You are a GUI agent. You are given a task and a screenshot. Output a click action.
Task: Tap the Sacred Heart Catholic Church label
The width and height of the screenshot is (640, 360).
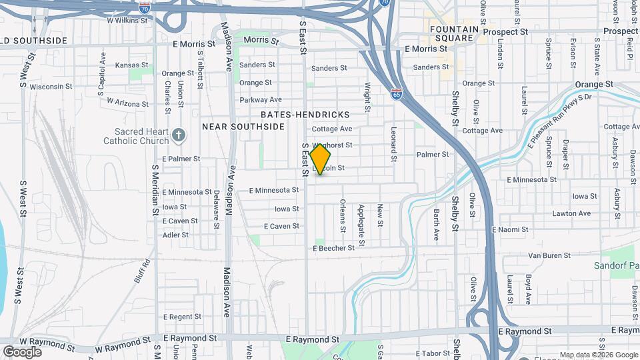click(x=136, y=136)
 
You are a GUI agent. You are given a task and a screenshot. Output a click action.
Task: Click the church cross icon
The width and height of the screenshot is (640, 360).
click(x=178, y=136)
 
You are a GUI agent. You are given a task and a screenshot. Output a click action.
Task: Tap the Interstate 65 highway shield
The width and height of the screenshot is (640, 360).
click(x=397, y=94)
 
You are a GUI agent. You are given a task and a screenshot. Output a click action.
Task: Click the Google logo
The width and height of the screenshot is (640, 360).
click(x=22, y=352)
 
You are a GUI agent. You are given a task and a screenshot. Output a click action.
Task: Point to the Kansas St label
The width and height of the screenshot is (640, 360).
click(x=131, y=65)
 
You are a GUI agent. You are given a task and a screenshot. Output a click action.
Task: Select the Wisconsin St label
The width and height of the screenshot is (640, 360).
click(x=51, y=87)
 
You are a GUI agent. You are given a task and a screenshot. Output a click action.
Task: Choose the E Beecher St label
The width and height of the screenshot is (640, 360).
click(x=334, y=248)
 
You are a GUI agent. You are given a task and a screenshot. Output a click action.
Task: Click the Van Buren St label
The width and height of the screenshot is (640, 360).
click(x=549, y=255)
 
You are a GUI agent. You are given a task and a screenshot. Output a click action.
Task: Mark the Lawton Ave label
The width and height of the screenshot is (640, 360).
click(x=571, y=213)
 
